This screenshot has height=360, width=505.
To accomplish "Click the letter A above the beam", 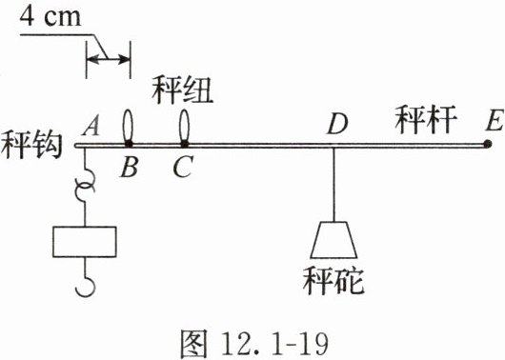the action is tap(91, 126).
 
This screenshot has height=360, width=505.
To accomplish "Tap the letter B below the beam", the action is tap(130, 168).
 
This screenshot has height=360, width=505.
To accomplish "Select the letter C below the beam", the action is tap(183, 168).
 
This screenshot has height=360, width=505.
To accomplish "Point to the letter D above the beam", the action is tap(337, 125).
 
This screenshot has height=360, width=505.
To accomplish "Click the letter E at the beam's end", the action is tap(495, 121).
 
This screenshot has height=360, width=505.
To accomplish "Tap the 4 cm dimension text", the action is tap(50, 16).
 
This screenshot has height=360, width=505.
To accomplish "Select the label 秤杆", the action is tap(426, 119).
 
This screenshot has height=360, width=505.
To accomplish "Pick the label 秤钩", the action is tap(30, 145).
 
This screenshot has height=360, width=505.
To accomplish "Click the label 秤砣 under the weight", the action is tap(333, 280).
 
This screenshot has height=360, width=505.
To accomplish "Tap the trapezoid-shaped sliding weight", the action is tap(333, 240).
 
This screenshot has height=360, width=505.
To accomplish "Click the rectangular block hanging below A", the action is tap(85, 242).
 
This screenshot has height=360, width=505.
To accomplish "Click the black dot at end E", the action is tap(488, 144).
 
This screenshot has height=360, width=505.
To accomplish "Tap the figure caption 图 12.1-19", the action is tap(254, 344).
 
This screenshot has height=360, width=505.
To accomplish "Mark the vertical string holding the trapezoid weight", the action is tap(333, 185).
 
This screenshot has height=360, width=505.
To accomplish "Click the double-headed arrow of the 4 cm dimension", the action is tap(109, 59).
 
